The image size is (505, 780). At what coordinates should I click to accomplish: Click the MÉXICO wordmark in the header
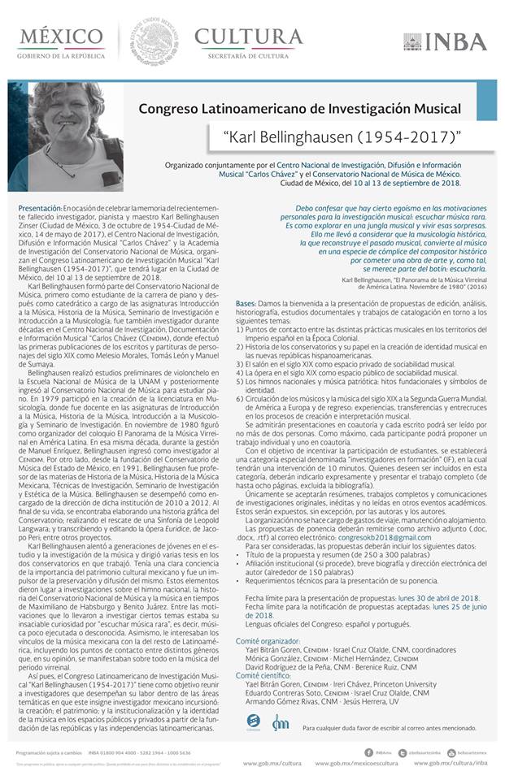[54, 37]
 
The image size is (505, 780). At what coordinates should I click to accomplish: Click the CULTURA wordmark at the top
[248, 37]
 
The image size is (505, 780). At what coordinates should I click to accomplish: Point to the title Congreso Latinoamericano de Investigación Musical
[299, 108]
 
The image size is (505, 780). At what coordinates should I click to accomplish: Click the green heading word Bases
[247, 301]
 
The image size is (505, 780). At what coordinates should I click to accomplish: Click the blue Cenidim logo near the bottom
[253, 721]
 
